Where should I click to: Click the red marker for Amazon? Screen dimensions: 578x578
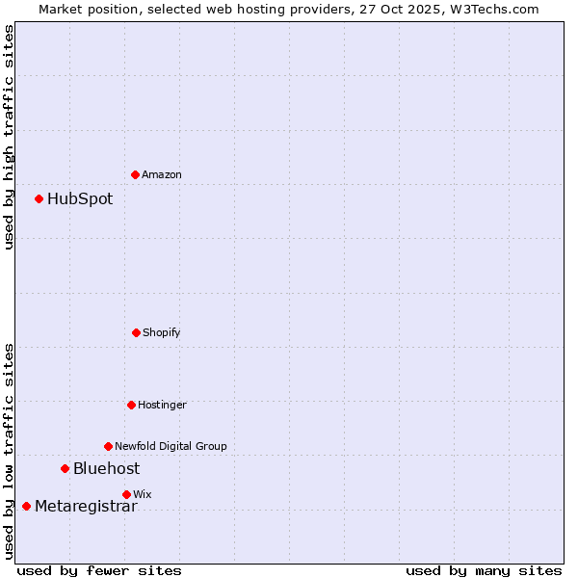[x=135, y=174]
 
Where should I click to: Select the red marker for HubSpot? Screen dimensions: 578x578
[x=39, y=198]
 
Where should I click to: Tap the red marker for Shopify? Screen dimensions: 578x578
[x=136, y=332]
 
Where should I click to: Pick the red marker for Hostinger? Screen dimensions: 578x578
[x=131, y=405]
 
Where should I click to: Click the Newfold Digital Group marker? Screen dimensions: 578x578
[x=108, y=446]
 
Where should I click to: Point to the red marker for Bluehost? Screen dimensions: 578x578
[x=65, y=468]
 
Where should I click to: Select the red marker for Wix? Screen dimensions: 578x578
[x=126, y=494]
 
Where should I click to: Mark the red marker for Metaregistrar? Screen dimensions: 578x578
[x=26, y=506]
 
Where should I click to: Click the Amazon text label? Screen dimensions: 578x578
[x=162, y=174]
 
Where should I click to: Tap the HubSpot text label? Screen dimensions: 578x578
[x=80, y=199]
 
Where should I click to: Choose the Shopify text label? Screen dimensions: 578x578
[x=162, y=332]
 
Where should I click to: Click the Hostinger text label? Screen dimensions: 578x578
[x=162, y=405]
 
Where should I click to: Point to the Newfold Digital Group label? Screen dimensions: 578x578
[x=171, y=446]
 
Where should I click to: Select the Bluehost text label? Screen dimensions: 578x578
[x=106, y=469]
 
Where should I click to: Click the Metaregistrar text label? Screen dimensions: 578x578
[x=86, y=507]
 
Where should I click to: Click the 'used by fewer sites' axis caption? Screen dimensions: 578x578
[x=99, y=570]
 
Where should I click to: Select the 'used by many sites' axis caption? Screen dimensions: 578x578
[x=484, y=570]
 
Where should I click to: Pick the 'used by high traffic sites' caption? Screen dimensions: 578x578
[x=9, y=137]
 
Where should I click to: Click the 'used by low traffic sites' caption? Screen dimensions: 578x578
[x=9, y=451]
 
